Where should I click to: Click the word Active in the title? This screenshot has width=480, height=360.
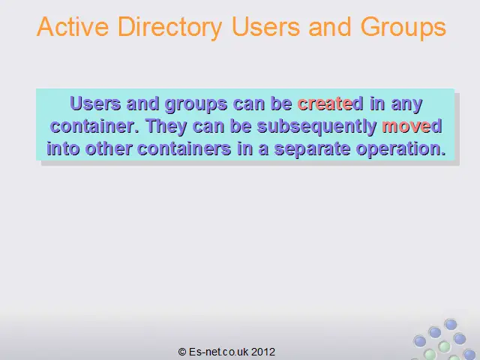point(73,27)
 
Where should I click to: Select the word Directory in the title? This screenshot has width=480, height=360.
point(170,28)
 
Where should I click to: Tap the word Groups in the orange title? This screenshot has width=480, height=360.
point(403,28)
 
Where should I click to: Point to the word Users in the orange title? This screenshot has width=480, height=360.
point(265,27)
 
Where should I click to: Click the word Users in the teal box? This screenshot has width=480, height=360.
point(95,103)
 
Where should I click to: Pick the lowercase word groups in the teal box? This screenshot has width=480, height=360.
point(196,105)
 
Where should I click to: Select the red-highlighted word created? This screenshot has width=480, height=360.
point(330,103)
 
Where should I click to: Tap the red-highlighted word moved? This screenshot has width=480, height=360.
point(412,126)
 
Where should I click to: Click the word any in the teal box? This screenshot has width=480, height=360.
point(406,105)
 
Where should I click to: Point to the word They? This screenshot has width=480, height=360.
point(166,127)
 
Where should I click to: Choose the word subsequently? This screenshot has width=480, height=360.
point(316,127)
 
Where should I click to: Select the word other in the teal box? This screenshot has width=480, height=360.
point(109,148)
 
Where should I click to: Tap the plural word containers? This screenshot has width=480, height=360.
point(184,148)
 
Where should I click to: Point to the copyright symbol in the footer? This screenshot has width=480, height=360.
point(182,352)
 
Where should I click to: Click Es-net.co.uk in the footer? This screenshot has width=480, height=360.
point(218,352)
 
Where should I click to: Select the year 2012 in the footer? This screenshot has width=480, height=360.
point(263,352)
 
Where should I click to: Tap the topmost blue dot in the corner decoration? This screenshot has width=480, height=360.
point(451,324)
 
